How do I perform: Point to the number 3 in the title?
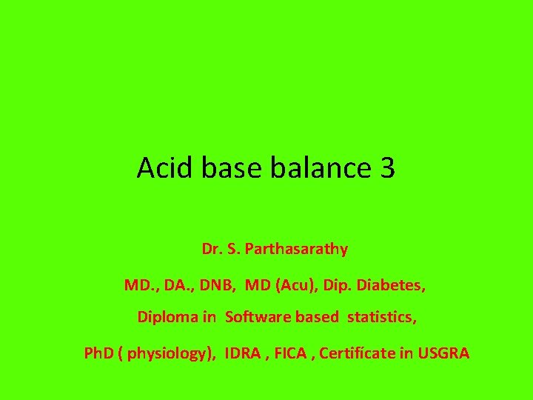(x=387, y=168)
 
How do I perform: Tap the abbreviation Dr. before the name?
(x=210, y=249)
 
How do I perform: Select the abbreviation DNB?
(x=214, y=284)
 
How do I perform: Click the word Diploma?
(x=167, y=317)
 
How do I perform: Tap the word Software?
(x=257, y=317)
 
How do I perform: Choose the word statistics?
(x=382, y=317)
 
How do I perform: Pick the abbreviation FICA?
(x=292, y=353)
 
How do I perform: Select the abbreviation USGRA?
(x=443, y=353)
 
